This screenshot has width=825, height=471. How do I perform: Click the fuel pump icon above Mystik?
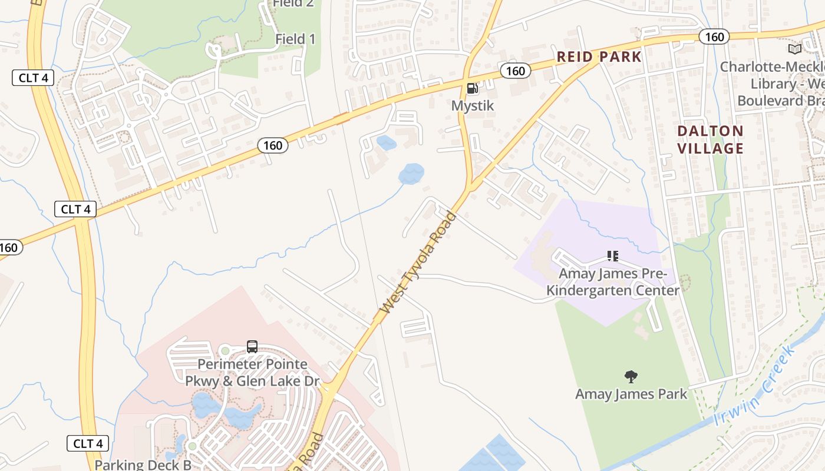tap(472, 89)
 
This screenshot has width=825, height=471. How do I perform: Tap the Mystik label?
tap(472, 106)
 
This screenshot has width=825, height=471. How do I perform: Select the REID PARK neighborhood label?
tap(599, 57)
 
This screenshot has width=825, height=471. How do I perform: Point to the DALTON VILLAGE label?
tap(710, 140)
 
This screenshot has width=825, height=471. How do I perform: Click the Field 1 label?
tap(295, 39)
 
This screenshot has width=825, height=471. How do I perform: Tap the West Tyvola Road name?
tap(418, 263)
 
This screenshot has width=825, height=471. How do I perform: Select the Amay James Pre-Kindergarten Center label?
tap(612, 282)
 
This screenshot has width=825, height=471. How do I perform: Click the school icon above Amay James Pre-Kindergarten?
tap(612, 256)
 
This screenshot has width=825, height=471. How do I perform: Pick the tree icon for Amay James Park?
tap(631, 376)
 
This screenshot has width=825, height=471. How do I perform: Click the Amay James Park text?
tap(631, 394)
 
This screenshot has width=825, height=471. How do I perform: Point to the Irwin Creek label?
tap(754, 387)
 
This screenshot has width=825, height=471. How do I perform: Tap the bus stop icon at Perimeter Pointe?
tap(252, 347)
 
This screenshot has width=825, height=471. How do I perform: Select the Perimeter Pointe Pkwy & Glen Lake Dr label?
tap(252, 373)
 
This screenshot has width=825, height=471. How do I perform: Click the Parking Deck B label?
tap(143, 465)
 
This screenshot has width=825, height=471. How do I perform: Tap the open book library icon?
tap(794, 49)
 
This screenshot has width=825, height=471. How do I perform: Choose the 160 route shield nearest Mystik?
tap(515, 71)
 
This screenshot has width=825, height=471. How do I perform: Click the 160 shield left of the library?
tap(714, 37)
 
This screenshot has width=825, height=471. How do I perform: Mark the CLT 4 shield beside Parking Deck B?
tap(87, 443)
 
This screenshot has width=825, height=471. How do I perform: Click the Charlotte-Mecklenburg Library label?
tap(772, 83)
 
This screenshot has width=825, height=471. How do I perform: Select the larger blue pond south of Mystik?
tap(411, 174)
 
